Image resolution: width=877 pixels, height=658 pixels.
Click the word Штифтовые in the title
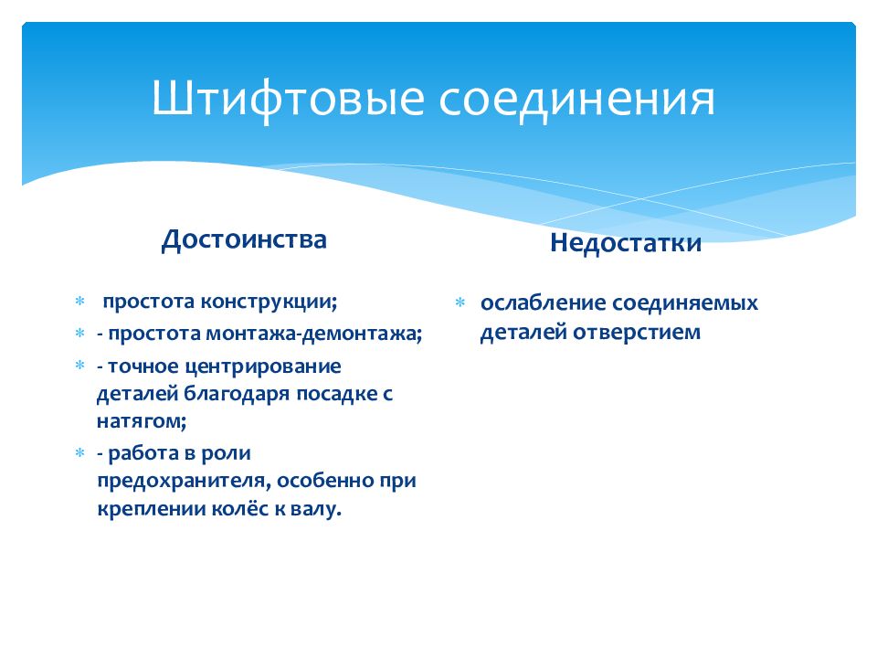pos(288,99)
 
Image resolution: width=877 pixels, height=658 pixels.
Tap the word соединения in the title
pos(576,99)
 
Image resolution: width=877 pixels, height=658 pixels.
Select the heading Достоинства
pos(244,239)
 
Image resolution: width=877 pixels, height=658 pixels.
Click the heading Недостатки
pos(626,243)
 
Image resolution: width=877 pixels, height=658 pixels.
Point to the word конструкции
pos(269,302)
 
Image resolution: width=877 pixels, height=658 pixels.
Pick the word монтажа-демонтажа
pos(313,334)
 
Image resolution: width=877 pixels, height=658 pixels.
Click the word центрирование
pos(263,366)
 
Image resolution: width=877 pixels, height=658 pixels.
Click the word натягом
pos(142,421)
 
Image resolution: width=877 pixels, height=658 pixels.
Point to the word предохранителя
pos(184,481)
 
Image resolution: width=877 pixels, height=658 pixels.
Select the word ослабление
pos(543,302)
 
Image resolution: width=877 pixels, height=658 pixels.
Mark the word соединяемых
pos(685,303)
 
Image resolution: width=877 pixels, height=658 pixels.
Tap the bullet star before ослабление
pos(460,303)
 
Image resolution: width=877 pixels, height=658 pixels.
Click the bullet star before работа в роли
pos(80,452)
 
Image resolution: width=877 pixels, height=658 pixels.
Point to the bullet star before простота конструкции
pos(80,302)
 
